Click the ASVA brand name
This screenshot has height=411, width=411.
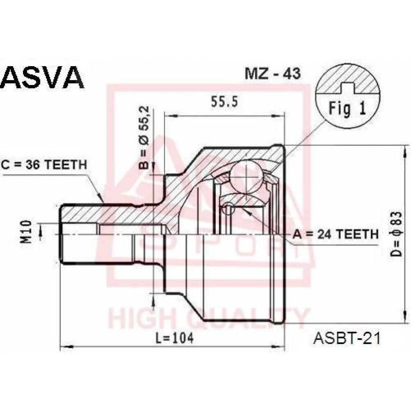pos(43,77)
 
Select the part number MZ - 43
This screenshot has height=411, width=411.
pos(272,74)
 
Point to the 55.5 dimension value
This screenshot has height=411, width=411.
pos(224,102)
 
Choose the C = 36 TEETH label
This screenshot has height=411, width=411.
pos(44,165)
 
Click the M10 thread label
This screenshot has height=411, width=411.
pos(27,232)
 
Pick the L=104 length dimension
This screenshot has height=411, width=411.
pos(175,338)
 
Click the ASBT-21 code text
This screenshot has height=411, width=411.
pos(347,338)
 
